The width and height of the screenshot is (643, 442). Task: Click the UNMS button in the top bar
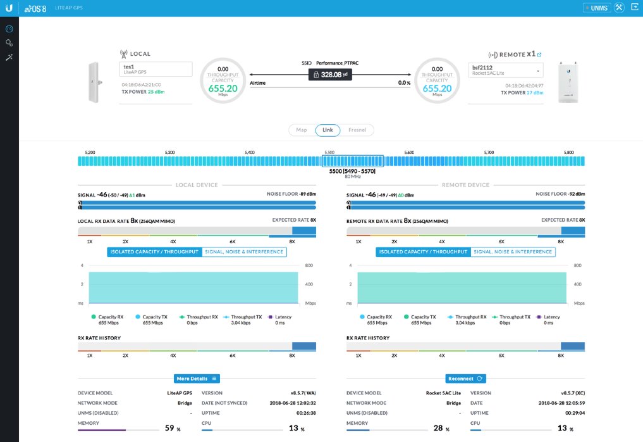pyautogui.click(x=596, y=8)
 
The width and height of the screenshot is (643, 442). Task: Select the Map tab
pyautogui.click(x=302, y=130)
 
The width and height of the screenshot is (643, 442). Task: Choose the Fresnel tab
pyautogui.click(x=357, y=130)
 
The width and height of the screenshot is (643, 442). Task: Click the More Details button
pyautogui.click(x=197, y=379)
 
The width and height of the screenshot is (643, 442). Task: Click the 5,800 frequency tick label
pyautogui.click(x=569, y=153)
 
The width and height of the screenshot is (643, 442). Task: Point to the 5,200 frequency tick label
pyautogui.click(x=90, y=153)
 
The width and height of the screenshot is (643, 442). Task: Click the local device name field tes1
pyautogui.click(x=156, y=69)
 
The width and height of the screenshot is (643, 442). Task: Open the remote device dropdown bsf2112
pyautogui.click(x=506, y=69)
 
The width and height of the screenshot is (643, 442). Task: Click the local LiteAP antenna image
pyautogui.click(x=94, y=83)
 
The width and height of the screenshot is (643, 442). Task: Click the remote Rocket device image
pyautogui.click(x=571, y=82)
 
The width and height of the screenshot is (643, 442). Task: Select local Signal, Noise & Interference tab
pyautogui.click(x=244, y=252)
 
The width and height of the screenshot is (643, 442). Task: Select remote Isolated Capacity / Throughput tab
pyautogui.click(x=423, y=252)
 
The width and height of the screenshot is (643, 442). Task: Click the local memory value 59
pyautogui.click(x=169, y=428)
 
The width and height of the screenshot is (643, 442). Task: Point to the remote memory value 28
pyautogui.click(x=438, y=428)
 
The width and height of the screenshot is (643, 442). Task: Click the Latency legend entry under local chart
pyautogui.click(x=280, y=317)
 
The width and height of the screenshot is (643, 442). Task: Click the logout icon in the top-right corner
pyautogui.click(x=634, y=8)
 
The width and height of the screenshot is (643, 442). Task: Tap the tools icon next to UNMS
pyautogui.click(x=619, y=8)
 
